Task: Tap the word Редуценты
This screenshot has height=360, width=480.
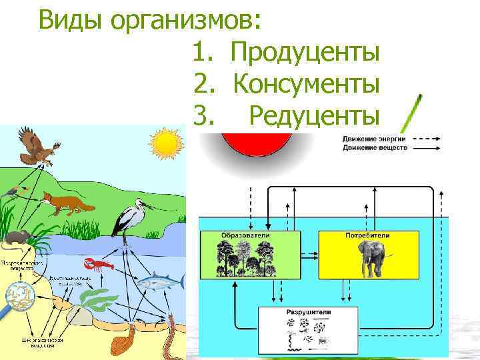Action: [x=314, y=117]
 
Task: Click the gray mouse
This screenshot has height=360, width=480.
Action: [x=19, y=237]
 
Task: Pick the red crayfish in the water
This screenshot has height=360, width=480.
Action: [x=99, y=267]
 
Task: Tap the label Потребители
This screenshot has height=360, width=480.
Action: [x=367, y=236]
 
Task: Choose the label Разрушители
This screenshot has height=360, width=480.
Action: [x=307, y=312]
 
